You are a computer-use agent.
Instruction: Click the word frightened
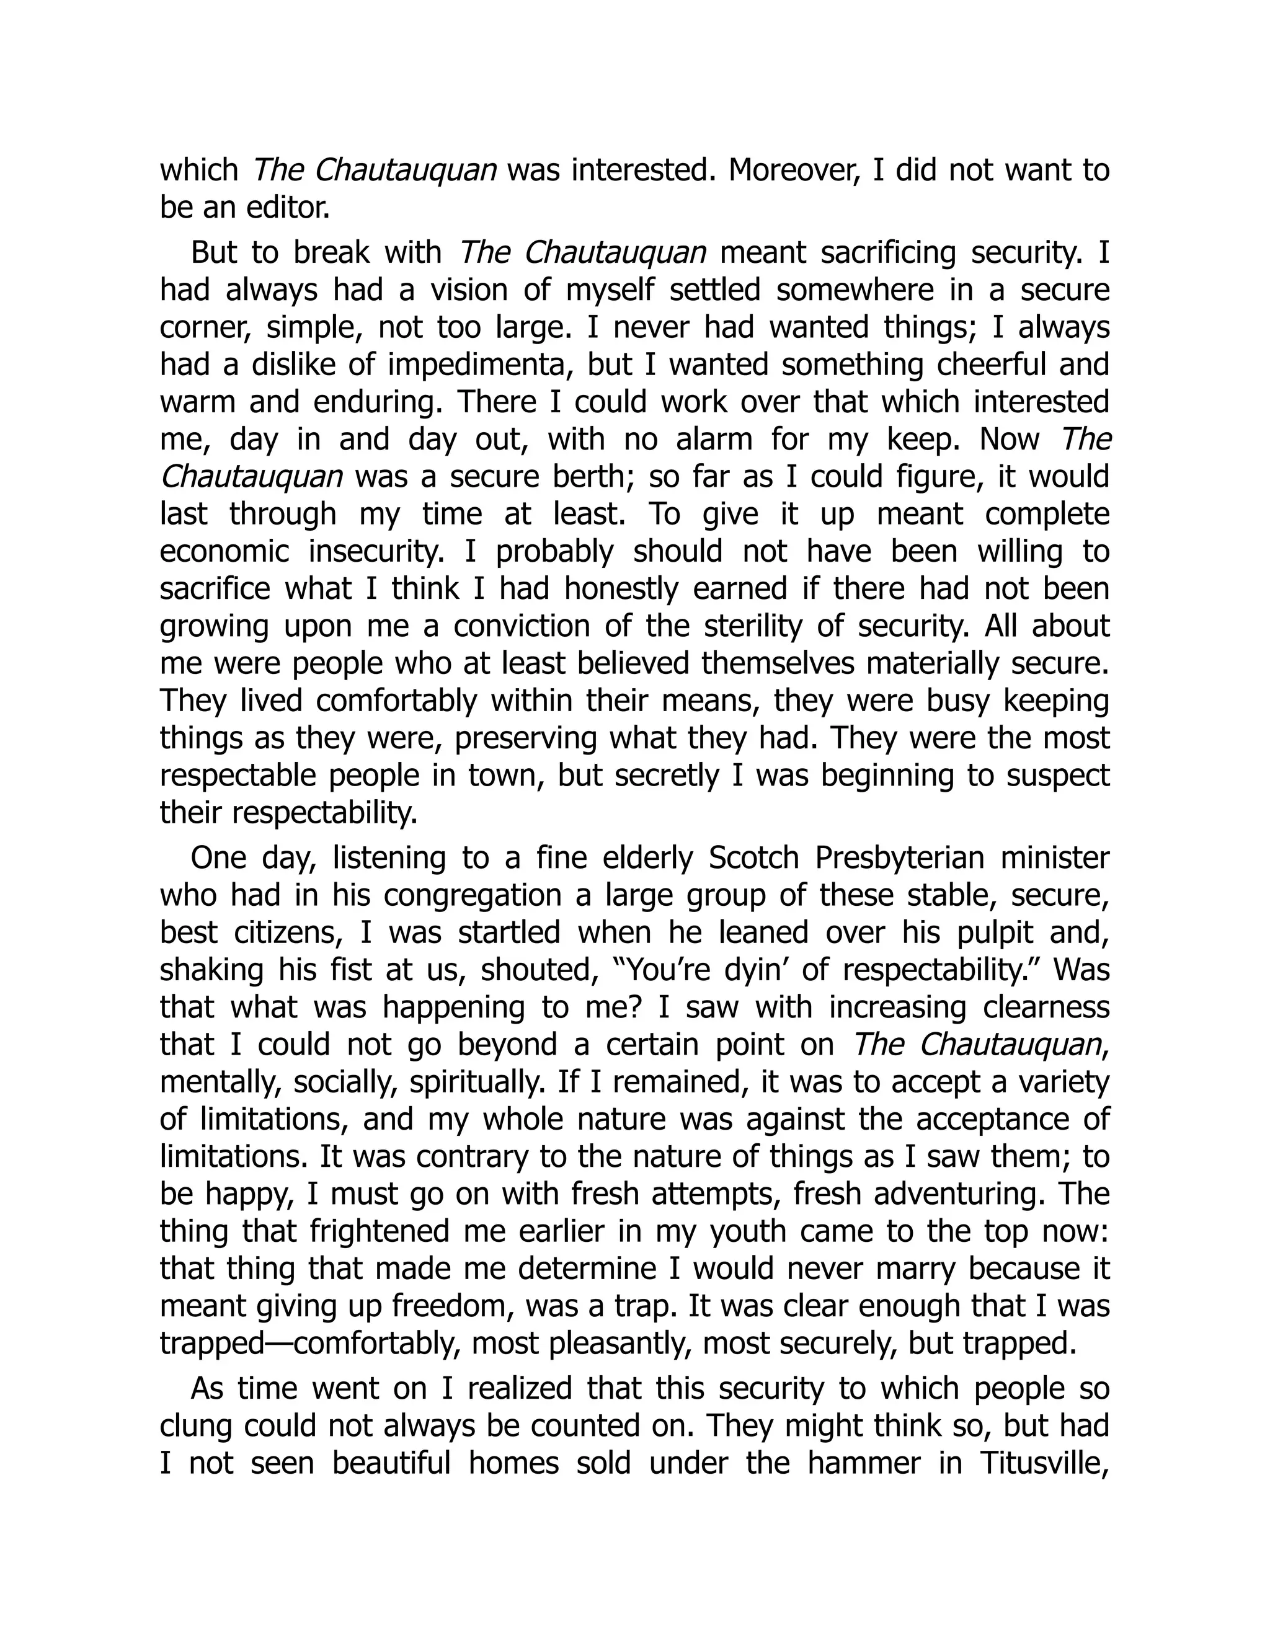point(407,1231)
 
